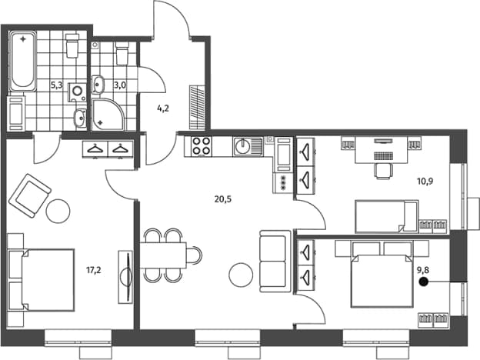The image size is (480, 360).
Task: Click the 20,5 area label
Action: (x=223, y=199)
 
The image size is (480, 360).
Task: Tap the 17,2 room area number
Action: (x=94, y=270)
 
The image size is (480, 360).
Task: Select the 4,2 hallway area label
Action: (x=163, y=108)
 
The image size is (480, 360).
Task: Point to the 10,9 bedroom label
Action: (x=425, y=182)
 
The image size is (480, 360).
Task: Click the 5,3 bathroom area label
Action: (x=56, y=85)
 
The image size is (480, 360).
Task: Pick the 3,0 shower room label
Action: (x=120, y=85)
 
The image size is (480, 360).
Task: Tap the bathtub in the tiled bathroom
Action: (x=23, y=62)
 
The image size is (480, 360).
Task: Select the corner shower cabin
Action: (x=108, y=114)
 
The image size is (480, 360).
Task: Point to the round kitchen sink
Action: (x=243, y=146)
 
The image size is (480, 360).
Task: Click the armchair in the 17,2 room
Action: (x=30, y=196)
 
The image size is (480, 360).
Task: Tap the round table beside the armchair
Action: (x=58, y=211)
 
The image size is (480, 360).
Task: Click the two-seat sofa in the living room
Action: (x=275, y=261)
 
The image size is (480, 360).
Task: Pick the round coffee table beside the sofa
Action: (x=242, y=275)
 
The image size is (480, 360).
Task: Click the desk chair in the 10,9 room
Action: (x=382, y=171)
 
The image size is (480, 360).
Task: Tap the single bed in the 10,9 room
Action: (x=387, y=216)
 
